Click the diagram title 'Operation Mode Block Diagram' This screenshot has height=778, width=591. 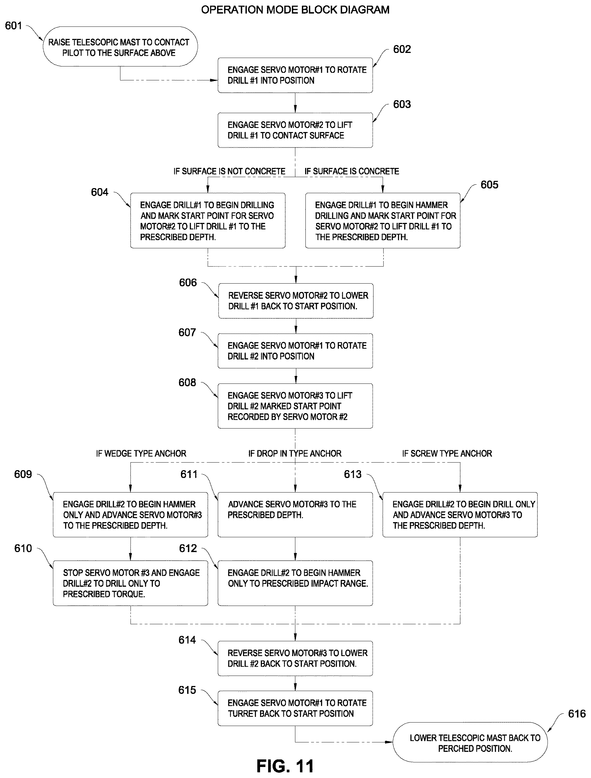coord(295,10)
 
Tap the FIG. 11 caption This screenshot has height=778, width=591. coord(285,766)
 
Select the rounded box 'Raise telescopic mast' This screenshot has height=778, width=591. coord(120,46)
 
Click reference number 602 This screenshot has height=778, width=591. coord(402,49)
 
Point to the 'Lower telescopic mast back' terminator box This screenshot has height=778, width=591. coord(470,742)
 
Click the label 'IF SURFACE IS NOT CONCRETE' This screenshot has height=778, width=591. coord(229,171)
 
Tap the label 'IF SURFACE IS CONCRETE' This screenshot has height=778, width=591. coord(352,171)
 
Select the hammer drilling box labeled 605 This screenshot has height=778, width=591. coord(383,221)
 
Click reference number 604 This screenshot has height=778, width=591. coord(100,192)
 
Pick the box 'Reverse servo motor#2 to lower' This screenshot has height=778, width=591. coord(296,301)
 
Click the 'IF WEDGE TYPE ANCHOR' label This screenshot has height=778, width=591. coord(141,453)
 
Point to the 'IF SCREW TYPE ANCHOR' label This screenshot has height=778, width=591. coord(447,453)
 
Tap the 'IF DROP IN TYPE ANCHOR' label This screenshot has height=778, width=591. coord(295,453)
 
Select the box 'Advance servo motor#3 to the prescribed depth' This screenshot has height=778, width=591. coord(295,515)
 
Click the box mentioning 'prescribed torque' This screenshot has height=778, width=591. coord(130,583)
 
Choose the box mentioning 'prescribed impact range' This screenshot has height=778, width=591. coord(295,583)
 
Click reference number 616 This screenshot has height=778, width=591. coord(577,714)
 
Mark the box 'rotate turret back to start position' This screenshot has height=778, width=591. coord(295,708)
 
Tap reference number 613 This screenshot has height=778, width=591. coord(352,475)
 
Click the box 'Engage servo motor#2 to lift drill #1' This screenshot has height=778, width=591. coord(295,130)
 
